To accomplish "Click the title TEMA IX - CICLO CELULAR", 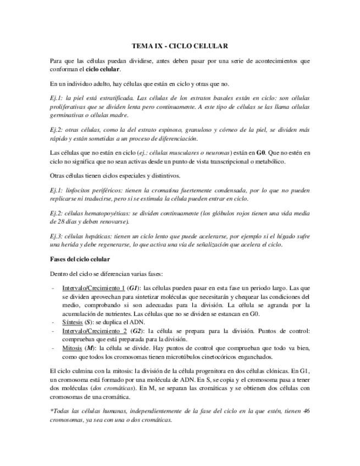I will tap(180, 47).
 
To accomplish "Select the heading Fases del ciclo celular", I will tap(79, 259).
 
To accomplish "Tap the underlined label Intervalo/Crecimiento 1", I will tap(93, 287).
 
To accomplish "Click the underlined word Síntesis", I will tap(71, 322).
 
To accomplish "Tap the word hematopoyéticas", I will tap(104, 213).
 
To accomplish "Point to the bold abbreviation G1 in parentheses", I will tap(133, 287).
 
